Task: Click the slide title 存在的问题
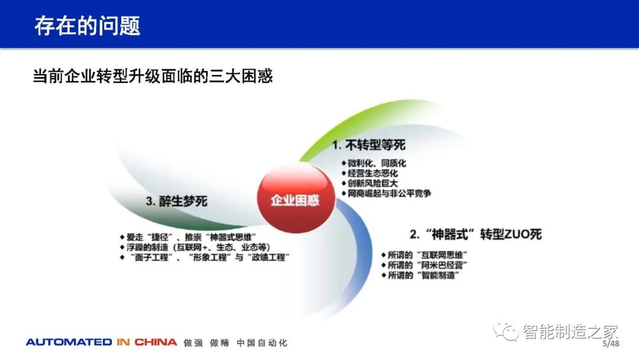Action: click(x=87, y=25)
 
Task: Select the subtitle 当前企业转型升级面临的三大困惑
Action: click(x=153, y=76)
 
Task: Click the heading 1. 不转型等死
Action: click(x=369, y=144)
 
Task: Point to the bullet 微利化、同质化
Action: click(x=374, y=163)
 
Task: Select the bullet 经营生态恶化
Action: click(x=370, y=173)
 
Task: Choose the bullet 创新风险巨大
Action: click(x=370, y=184)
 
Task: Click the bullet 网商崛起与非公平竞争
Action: click(x=386, y=193)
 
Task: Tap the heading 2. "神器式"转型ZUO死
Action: click(x=476, y=234)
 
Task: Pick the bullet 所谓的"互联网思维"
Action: click(x=424, y=255)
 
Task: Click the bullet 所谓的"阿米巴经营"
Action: click(x=424, y=265)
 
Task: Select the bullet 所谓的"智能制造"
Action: click(x=420, y=275)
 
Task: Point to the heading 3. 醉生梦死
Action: click(x=176, y=201)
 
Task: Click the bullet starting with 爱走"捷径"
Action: click(x=188, y=237)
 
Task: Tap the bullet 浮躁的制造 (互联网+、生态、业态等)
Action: click(x=195, y=247)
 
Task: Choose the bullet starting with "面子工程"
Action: click(x=205, y=258)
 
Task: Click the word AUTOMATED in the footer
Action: click(x=69, y=342)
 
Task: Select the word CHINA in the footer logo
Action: click(x=156, y=342)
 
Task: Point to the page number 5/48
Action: click(x=611, y=343)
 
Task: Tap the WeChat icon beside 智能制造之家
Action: click(x=506, y=331)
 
